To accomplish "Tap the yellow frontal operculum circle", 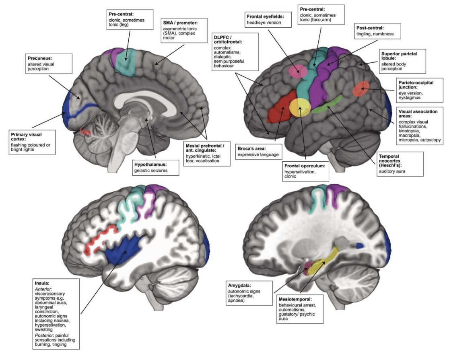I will tap(300, 108).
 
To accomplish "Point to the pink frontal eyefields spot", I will tap(298, 71).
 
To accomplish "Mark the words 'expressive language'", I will tap(257, 154).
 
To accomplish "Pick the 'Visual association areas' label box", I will tap(419, 125).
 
